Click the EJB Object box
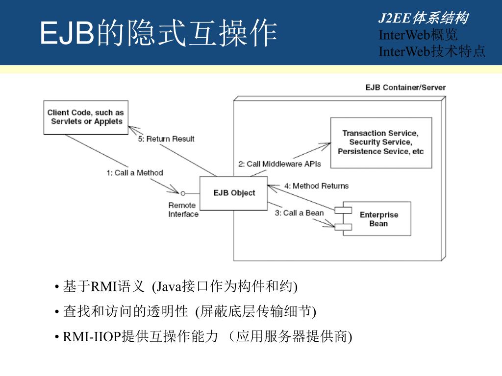[234, 193]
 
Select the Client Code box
[86, 117]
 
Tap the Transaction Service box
[381, 142]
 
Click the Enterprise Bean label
[379, 219]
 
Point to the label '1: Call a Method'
[135, 173]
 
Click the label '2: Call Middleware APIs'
[279, 164]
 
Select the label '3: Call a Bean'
[299, 212]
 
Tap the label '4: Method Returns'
[316, 186]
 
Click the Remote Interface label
[183, 210]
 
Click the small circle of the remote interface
[182, 192]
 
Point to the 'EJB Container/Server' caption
[405, 88]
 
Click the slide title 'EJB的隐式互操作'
[158, 33]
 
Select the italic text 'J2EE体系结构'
[423, 19]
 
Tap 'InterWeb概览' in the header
[418, 35]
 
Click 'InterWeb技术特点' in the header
[432, 51]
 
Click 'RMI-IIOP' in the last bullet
[92, 337]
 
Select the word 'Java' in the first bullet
[169, 286]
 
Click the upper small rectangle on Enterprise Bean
[343, 210]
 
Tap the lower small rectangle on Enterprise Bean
[343, 226]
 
